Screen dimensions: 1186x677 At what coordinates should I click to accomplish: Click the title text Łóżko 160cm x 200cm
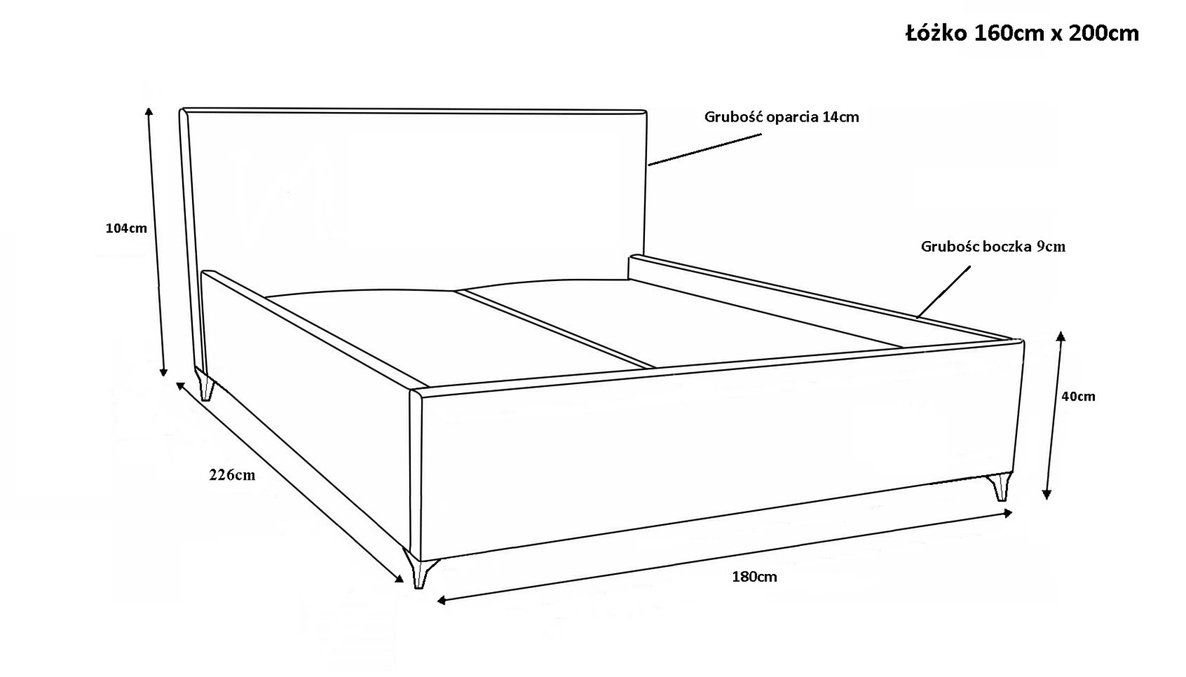click(1022, 33)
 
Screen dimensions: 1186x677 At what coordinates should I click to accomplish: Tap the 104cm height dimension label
click(126, 228)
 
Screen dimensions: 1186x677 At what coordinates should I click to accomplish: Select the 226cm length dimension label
click(232, 475)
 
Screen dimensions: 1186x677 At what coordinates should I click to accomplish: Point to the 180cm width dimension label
click(755, 577)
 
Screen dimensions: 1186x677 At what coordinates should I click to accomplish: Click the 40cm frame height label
click(1079, 396)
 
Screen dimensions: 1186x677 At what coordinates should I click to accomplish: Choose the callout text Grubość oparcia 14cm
click(781, 117)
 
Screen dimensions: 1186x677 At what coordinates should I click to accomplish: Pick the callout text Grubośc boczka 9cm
click(993, 246)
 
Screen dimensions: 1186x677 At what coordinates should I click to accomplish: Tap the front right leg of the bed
click(1001, 487)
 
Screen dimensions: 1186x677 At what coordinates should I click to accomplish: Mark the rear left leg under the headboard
click(205, 385)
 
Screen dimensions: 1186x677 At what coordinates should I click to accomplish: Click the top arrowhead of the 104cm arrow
click(149, 111)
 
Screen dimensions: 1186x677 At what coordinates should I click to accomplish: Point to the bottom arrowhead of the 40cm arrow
click(1046, 495)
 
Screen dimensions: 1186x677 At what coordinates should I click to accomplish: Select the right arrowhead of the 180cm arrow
click(1007, 513)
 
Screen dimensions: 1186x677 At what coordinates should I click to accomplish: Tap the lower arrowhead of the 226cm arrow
click(398, 578)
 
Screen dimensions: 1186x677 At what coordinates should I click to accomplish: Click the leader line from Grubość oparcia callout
click(705, 149)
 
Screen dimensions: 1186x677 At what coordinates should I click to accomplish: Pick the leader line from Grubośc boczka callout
click(944, 292)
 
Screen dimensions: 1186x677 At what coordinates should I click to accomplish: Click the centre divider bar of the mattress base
click(556, 329)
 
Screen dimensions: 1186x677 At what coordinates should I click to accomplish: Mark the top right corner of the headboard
click(646, 110)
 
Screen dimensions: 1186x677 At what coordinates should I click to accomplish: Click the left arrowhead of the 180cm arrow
click(443, 600)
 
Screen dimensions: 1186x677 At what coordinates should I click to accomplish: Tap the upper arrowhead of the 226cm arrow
click(181, 386)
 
